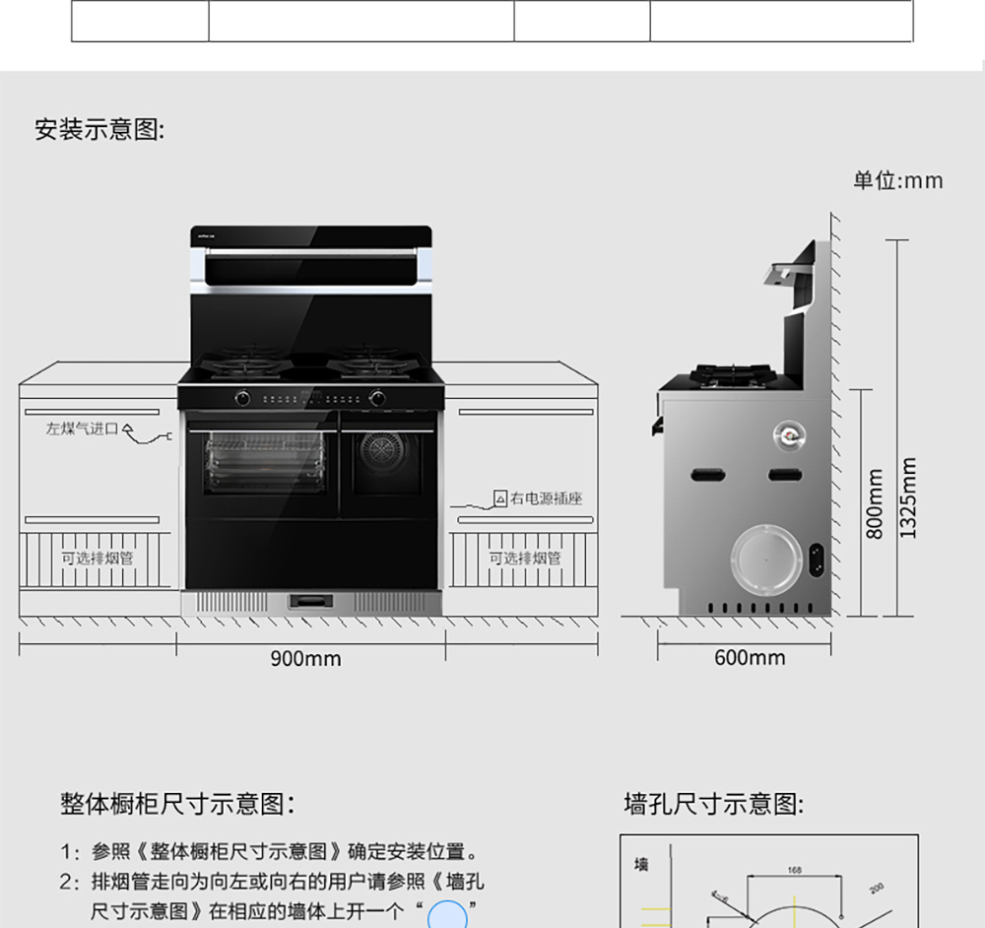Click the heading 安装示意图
pos(99,130)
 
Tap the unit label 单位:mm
pos(897,181)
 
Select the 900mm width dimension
pos(305,659)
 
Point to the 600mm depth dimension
pos(750,658)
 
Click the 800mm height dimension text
pos(875,502)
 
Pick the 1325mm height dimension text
pos(908,497)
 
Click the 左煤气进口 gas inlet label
pos(82,430)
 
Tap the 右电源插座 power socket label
pos(546,499)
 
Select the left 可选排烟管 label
pos(97,558)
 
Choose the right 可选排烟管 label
pos(525,558)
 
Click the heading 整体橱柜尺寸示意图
pos(177,804)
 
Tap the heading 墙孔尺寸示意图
pos(713,804)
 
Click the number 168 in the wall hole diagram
pos(795,870)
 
